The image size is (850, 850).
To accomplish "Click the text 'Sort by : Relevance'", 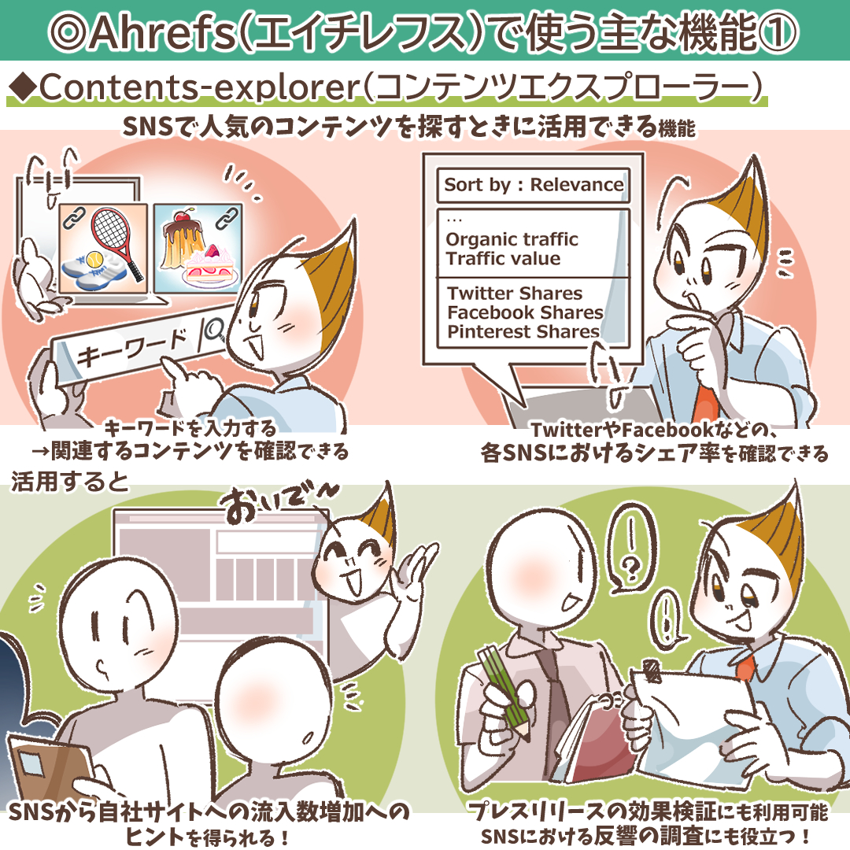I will tap(534, 185).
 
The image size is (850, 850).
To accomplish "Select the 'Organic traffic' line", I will tap(512, 240).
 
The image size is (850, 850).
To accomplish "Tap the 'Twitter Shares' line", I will tap(515, 294).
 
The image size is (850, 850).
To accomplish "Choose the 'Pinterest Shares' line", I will tap(523, 331).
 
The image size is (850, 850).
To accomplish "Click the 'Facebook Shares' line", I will tap(525, 312).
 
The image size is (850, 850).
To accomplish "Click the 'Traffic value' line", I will tap(503, 259).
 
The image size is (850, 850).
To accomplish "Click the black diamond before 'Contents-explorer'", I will tap(22, 89).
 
